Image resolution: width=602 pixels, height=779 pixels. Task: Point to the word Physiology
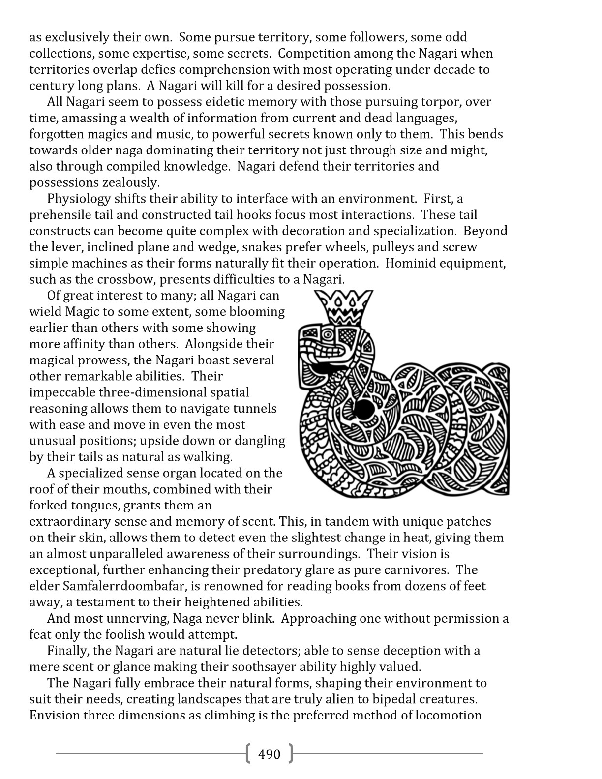tap(79, 199)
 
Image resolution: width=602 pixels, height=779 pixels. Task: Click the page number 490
tap(269, 754)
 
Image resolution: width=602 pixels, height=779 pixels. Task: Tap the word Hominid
tap(413, 264)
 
